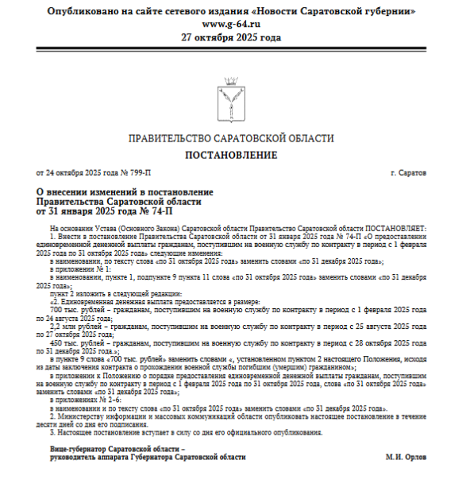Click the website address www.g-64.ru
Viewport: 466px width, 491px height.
(x=232, y=25)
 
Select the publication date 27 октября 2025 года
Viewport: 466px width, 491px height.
(x=232, y=37)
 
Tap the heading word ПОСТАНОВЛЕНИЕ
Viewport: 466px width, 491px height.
(x=232, y=154)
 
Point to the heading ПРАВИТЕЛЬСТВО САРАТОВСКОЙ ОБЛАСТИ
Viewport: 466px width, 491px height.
(x=231, y=138)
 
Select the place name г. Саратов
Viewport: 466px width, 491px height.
(x=408, y=172)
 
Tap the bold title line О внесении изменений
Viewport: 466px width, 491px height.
(x=125, y=192)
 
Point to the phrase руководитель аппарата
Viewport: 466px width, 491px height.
(x=87, y=458)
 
